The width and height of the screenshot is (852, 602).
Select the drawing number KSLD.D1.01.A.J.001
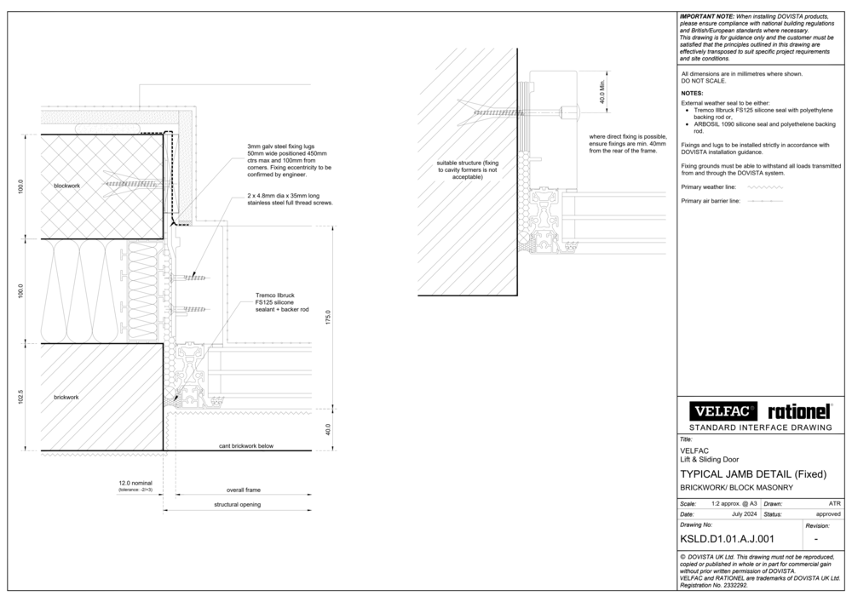pyautogui.click(x=726, y=538)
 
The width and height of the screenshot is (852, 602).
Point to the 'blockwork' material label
pyautogui.click(x=66, y=185)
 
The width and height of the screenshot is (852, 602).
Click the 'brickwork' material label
pyautogui.click(x=66, y=398)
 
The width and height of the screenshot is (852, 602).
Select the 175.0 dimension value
pyautogui.click(x=328, y=317)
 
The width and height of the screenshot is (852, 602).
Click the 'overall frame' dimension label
pyautogui.click(x=243, y=491)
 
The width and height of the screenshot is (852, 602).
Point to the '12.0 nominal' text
pyautogui.click(x=135, y=483)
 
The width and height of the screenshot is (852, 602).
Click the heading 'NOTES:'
pyautogui.click(x=692, y=93)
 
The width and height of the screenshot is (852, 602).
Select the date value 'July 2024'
pyautogui.click(x=745, y=514)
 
